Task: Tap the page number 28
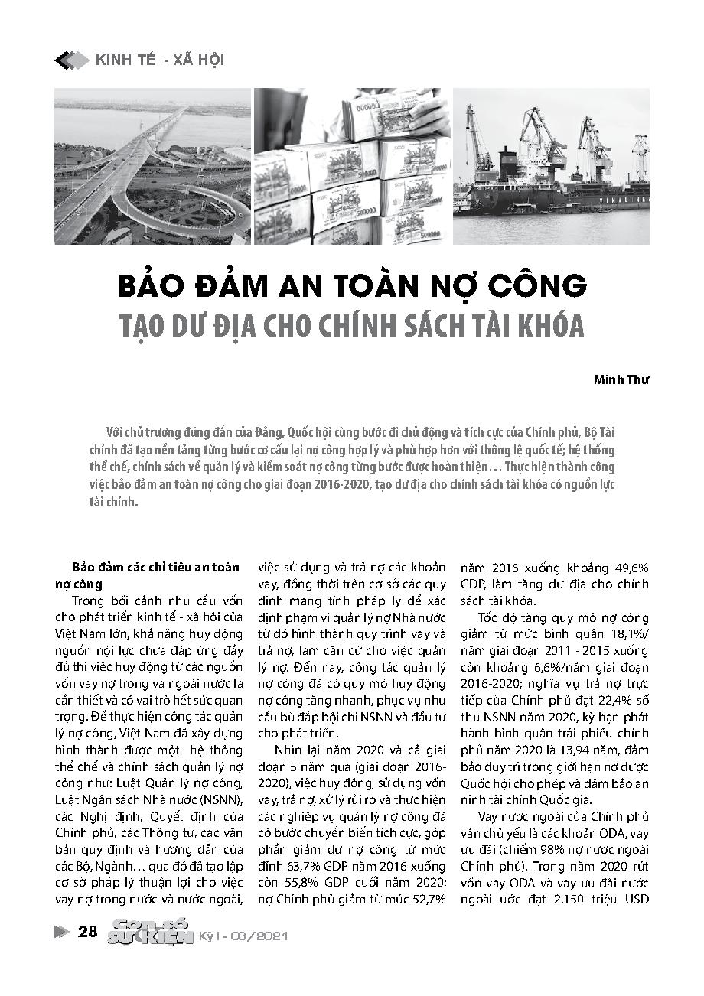(88, 931)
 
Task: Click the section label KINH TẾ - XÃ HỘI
(160, 60)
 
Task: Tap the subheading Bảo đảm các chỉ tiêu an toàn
(156, 568)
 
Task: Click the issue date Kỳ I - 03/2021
(243, 936)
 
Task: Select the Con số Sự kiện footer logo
(150, 931)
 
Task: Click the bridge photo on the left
(153, 167)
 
